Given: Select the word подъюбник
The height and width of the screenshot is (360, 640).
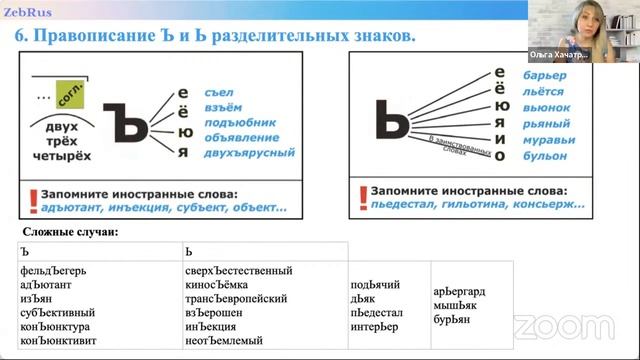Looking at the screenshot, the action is point(238,122).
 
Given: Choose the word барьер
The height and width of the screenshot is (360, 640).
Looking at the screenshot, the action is point(545,76).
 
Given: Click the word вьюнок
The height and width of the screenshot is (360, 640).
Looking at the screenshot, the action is point(547,107).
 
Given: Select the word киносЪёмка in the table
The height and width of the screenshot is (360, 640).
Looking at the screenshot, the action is point(222,285).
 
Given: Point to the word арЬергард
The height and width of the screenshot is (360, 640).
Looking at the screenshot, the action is point(462,278).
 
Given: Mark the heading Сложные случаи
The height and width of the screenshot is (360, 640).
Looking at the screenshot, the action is point(70,232).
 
